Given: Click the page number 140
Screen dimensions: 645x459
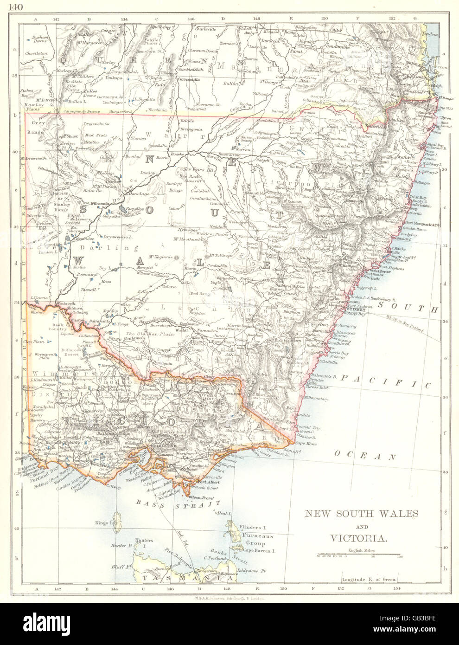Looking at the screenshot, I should coord(9,6).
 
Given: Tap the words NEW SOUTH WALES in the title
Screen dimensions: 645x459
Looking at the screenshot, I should coord(361,514).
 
